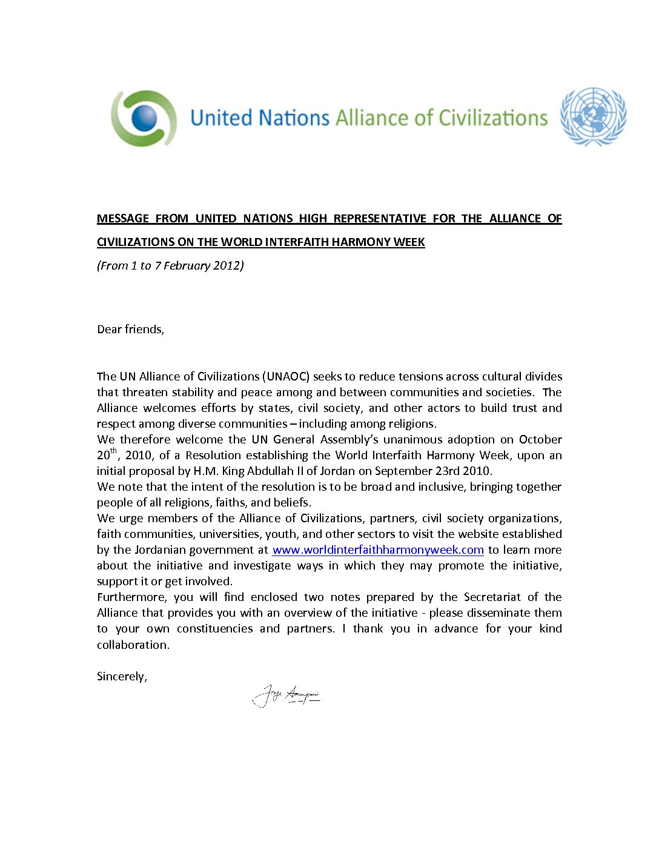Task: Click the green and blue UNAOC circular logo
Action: coord(144,118)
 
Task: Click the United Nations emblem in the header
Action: coord(593,117)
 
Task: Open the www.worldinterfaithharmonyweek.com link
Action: coord(378,550)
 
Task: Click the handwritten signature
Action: coord(286,695)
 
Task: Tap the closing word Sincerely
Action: coord(121,677)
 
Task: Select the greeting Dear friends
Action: coord(130,330)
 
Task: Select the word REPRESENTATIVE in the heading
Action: coord(380,219)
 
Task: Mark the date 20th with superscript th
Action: coord(107,455)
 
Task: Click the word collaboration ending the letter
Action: coord(133,645)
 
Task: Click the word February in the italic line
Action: coord(181,265)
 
